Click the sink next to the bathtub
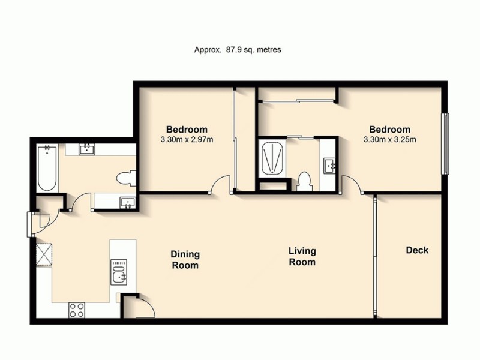pyautogui.click(x=86, y=149)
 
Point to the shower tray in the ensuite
pyautogui.click(x=272, y=157)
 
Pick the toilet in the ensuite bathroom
pyautogui.click(x=304, y=180)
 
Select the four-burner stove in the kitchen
pyautogui.click(x=77, y=310)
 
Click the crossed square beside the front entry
pyautogui.click(x=44, y=252)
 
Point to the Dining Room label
pyautogui.click(x=185, y=260)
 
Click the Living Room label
pyautogui.click(x=302, y=256)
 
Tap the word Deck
pyautogui.click(x=417, y=250)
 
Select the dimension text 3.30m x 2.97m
pyautogui.click(x=187, y=140)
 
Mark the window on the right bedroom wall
pyautogui.click(x=445, y=144)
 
